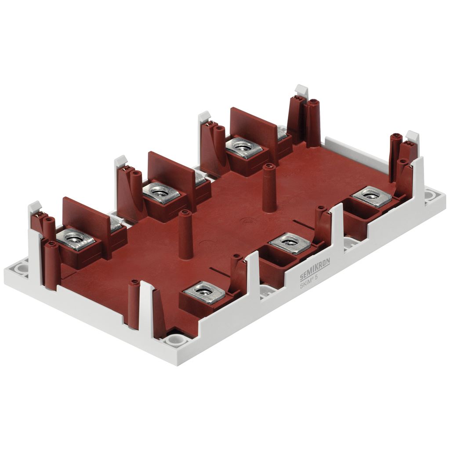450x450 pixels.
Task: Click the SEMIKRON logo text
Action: tap(315, 268)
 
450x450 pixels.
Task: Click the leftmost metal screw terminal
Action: tap(76, 239)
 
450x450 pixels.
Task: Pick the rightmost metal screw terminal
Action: tap(372, 196)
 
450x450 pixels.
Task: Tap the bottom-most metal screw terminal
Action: tap(204, 292)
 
